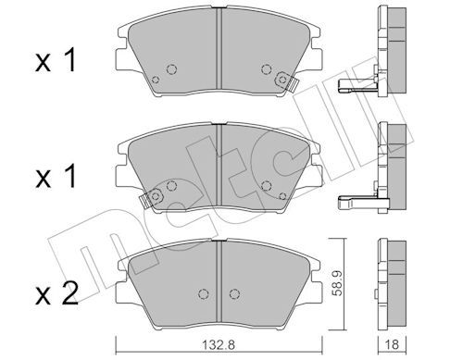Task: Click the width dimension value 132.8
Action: pos(219,344)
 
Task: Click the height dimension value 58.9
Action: pos(334,283)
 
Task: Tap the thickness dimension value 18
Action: pos(392,344)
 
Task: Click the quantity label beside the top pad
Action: pos(56,61)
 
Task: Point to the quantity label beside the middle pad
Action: pos(56,176)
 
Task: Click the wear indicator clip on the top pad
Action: pos(287,81)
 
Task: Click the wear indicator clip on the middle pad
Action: pos(150,199)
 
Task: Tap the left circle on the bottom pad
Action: pos(203,293)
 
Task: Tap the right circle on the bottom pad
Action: pos(234,293)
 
